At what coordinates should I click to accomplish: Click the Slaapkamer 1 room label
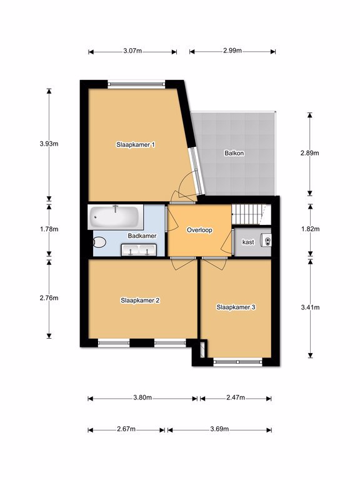click(x=136, y=144)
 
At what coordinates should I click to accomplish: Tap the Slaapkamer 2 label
click(x=140, y=300)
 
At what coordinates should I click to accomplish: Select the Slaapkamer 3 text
click(x=236, y=307)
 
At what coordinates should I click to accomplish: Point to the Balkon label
click(x=234, y=152)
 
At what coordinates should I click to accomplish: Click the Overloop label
click(x=199, y=230)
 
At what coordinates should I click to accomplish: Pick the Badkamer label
click(x=142, y=236)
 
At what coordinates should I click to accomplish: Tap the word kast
click(x=248, y=242)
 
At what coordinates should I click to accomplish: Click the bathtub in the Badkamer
click(x=116, y=217)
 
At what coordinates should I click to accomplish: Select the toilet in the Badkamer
click(x=99, y=242)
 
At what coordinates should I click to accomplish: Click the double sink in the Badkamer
click(x=139, y=250)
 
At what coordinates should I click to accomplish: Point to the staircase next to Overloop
click(x=251, y=214)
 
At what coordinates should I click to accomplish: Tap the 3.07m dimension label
click(x=132, y=51)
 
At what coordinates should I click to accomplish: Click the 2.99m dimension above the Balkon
click(x=232, y=51)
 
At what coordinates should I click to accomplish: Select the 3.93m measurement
click(x=49, y=143)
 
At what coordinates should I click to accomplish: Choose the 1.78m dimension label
click(x=49, y=229)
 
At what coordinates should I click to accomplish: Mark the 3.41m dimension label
click(x=311, y=307)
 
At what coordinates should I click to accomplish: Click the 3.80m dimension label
click(x=142, y=397)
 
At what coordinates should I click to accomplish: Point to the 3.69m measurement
click(x=219, y=429)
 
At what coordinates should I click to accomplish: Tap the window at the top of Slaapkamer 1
click(x=136, y=84)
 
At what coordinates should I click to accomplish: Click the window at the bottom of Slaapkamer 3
click(x=238, y=362)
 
